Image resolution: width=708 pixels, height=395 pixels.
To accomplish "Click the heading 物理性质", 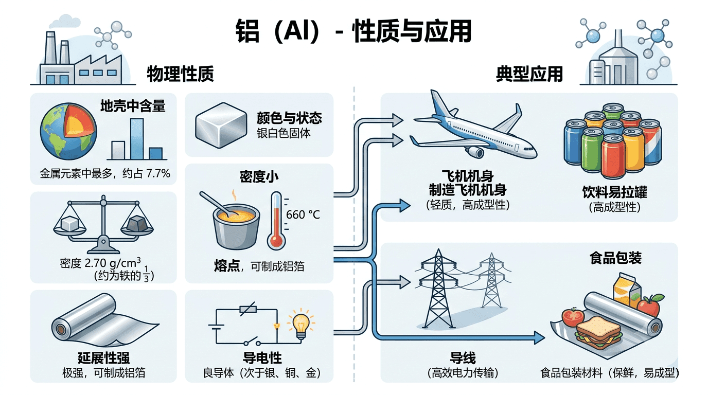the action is point(180,74).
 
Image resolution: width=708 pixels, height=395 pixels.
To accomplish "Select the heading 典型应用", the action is point(529,74).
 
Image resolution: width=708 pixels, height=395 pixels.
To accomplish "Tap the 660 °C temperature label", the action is point(303,215).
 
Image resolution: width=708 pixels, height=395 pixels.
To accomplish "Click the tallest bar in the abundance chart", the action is point(137,139).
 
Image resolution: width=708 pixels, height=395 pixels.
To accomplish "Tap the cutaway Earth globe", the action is point(68,131).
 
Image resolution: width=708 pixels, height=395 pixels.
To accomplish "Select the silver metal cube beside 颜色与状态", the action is point(221,125).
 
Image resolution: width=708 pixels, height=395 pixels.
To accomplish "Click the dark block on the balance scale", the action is point(137,224).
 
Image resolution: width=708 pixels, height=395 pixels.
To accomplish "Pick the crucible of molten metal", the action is point(236,226).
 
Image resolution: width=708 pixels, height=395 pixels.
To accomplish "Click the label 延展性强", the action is point(103,358).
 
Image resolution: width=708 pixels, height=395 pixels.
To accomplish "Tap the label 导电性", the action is point(262,358).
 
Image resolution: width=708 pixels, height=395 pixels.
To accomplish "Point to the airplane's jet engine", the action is point(475,152).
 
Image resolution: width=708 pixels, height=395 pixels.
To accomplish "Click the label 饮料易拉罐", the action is point(614,192).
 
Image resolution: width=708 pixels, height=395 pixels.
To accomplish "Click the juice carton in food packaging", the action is point(627,290).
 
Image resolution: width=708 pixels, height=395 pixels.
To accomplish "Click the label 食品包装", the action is point(615,258).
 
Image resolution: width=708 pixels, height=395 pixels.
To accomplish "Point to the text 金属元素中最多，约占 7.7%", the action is point(105,173).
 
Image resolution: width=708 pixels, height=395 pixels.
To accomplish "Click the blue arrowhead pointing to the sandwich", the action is point(539,338).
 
